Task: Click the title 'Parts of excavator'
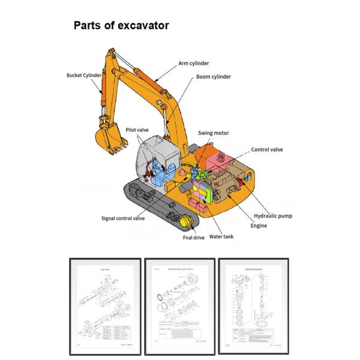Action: (121, 26)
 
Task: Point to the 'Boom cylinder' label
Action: (214, 77)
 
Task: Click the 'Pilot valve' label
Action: (137, 129)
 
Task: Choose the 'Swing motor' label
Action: (213, 133)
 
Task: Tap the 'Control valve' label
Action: (266, 149)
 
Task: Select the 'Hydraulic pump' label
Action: (273, 215)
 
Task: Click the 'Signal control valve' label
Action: (122, 218)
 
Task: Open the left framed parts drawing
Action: (105, 306)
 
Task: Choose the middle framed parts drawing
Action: (179, 306)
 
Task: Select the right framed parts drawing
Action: (254, 306)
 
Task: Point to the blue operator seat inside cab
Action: (159, 170)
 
